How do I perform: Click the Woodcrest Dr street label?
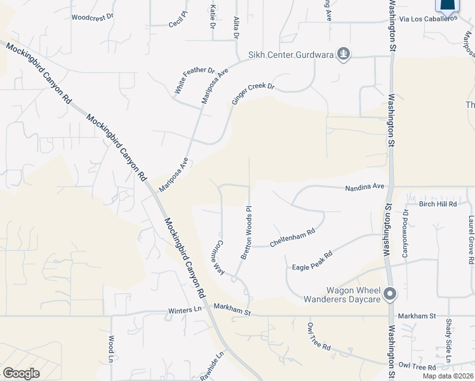pos(92,18)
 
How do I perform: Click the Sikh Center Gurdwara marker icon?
pos(344,54)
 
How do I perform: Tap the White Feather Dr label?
pos(194,81)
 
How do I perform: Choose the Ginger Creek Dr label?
pos(252,94)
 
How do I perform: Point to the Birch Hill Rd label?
pos(438,204)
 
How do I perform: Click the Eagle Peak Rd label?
pos(313,259)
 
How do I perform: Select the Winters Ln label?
pos(184,310)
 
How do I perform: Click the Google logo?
pos(21,373)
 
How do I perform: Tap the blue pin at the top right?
pos(447,6)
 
